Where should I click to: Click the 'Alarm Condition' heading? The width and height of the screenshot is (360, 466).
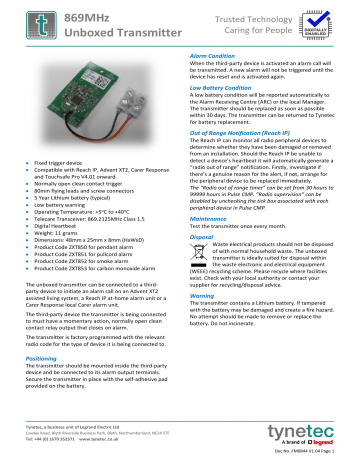[x=212, y=55]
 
